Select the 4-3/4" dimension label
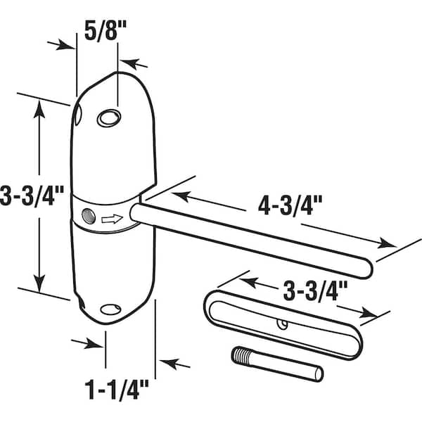pyautogui.click(x=290, y=205)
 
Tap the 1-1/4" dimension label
pyautogui.click(x=117, y=390)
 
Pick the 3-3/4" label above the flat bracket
pyautogui.click(x=315, y=291)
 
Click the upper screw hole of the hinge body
pyautogui.click(x=109, y=118)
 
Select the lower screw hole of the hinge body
pyautogui.click(x=110, y=309)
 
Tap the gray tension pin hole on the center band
pyautogui.click(x=89, y=216)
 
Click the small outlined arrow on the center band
pyautogui.click(x=113, y=219)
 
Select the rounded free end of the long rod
pyautogui.click(x=366, y=268)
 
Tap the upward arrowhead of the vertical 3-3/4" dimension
pyautogui.click(x=39, y=109)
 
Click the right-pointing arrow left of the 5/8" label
pyautogui.click(x=61, y=45)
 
